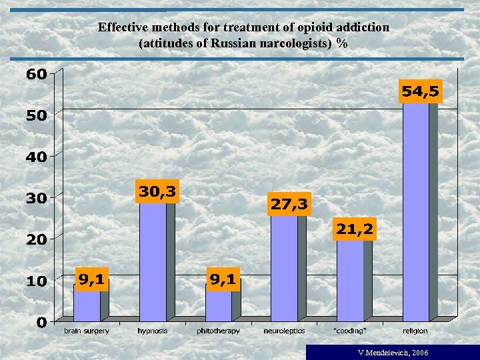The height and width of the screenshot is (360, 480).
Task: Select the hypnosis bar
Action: [153, 260]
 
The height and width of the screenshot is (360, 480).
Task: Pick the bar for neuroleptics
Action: [285, 267]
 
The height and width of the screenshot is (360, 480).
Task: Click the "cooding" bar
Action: [350, 280]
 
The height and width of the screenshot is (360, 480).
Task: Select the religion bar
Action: [416, 213]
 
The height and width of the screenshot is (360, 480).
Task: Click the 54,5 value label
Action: [420, 92]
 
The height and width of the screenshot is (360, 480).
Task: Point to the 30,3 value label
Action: [157, 191]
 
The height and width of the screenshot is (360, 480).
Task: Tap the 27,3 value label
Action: [289, 205]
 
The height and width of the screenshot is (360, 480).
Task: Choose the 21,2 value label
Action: [355, 229]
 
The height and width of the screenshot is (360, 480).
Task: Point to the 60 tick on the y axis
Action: [36, 74]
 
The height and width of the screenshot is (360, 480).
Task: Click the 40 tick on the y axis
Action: [36, 157]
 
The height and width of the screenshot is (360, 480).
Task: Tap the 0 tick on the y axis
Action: [41, 323]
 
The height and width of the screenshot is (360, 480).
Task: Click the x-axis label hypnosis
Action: [153, 331]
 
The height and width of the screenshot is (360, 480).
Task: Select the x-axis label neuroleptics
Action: [284, 331]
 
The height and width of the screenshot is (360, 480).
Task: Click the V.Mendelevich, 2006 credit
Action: [393, 352]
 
